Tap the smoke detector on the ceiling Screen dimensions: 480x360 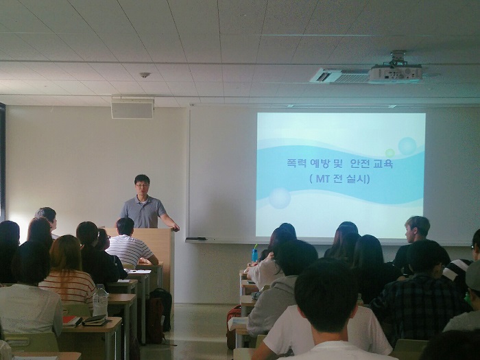(145, 75)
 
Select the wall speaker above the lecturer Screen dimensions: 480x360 (132, 108)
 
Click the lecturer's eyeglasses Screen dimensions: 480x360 (142, 185)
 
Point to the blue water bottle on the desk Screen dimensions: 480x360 (254, 254)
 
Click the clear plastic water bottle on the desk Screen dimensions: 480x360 (100, 300)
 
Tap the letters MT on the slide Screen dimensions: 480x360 (322, 179)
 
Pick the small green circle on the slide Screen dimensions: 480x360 (389, 153)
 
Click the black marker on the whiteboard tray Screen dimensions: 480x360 (196, 239)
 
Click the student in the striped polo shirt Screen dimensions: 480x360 (129, 243)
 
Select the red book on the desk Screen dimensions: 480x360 (71, 320)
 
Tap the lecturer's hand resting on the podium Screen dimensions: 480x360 (176, 228)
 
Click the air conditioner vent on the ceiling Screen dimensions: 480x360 (339, 75)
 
